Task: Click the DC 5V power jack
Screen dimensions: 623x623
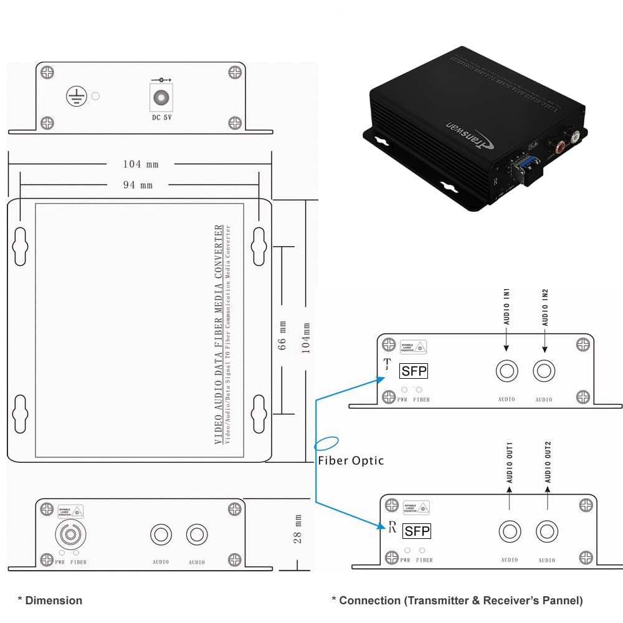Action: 162,98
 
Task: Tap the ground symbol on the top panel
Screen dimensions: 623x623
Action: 75,96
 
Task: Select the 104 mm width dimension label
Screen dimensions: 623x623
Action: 141,164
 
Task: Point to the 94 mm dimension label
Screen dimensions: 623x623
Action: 137,185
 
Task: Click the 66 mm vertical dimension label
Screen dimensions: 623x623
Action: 282,335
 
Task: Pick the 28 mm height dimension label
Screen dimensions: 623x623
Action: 298,529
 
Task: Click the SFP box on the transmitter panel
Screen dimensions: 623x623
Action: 414,371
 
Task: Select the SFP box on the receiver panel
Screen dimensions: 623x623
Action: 416,531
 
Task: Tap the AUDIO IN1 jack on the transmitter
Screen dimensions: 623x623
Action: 506,371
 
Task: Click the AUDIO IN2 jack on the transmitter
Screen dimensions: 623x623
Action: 544,371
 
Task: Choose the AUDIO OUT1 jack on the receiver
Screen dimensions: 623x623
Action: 510,532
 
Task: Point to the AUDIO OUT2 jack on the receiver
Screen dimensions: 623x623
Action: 547,532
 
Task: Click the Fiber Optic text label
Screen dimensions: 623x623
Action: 351,461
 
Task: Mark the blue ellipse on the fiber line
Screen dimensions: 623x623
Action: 326,444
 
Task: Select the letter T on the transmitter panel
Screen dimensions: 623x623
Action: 388,364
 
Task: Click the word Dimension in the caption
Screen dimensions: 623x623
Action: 54,601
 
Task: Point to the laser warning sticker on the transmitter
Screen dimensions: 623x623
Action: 419,348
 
